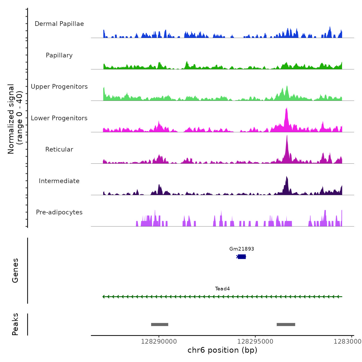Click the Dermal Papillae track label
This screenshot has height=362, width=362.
coord(59,24)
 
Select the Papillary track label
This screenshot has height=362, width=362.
coord(59,55)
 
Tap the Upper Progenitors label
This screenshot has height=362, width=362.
coord(59,87)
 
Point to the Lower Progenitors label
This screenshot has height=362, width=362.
coord(59,118)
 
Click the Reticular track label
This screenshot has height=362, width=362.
coord(59,149)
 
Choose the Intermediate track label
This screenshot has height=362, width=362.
coord(59,181)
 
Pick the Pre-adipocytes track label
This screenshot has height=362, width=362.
coord(59,212)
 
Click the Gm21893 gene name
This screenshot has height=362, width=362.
coord(242,249)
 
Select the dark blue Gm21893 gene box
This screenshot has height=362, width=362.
coord(242,257)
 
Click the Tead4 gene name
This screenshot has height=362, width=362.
coord(222,289)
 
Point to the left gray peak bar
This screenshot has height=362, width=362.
coord(160,325)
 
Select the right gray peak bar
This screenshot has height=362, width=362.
coord(286,325)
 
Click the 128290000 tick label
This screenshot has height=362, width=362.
coord(159,342)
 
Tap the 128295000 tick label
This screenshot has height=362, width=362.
coord(255,342)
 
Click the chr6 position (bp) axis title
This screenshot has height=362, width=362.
coord(222,350)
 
